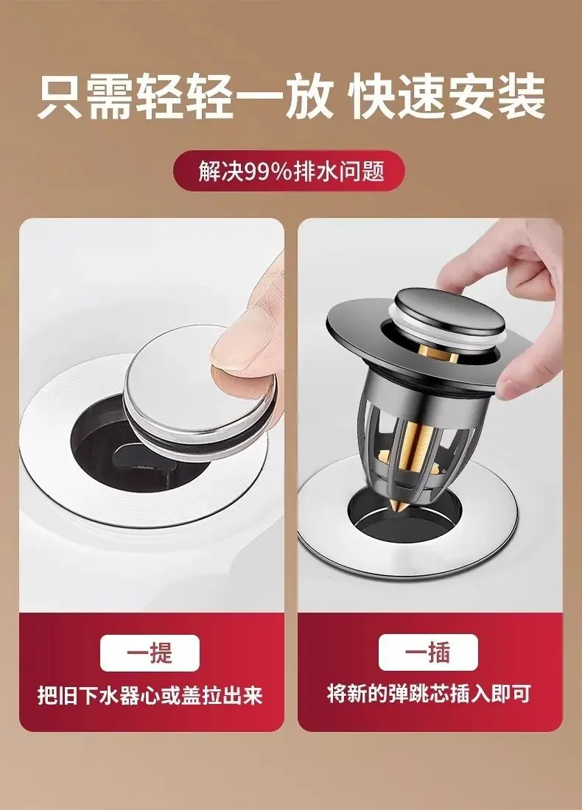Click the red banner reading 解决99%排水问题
tap(288, 171)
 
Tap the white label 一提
tap(150, 653)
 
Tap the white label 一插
tap(428, 652)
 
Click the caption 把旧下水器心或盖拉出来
tap(150, 695)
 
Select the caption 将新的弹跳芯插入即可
tap(429, 694)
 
